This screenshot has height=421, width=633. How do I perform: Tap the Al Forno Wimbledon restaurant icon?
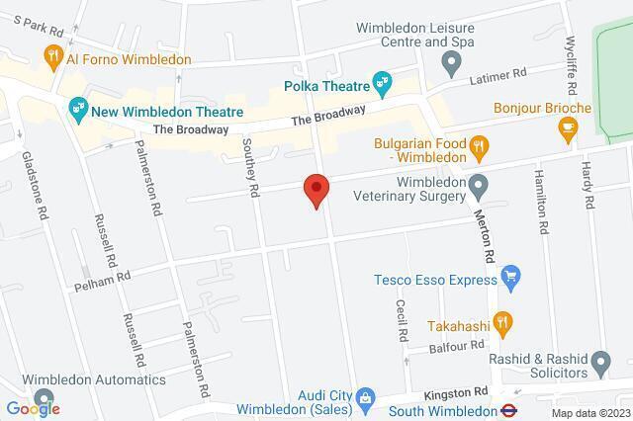[53, 57]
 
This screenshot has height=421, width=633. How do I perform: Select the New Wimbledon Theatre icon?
[77, 107]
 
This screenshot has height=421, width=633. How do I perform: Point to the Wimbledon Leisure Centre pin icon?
[450, 66]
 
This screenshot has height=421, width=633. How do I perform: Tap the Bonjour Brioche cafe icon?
[568, 126]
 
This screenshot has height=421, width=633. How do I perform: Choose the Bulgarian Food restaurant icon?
[479, 148]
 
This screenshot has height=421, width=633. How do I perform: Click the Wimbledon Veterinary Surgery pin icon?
[479, 185]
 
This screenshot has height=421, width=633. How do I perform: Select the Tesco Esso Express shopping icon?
[510, 274]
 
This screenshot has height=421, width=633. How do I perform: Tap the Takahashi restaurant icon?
[502, 322]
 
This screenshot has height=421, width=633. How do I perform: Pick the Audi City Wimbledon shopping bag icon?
[365, 399]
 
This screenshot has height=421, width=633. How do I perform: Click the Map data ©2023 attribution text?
[590, 412]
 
